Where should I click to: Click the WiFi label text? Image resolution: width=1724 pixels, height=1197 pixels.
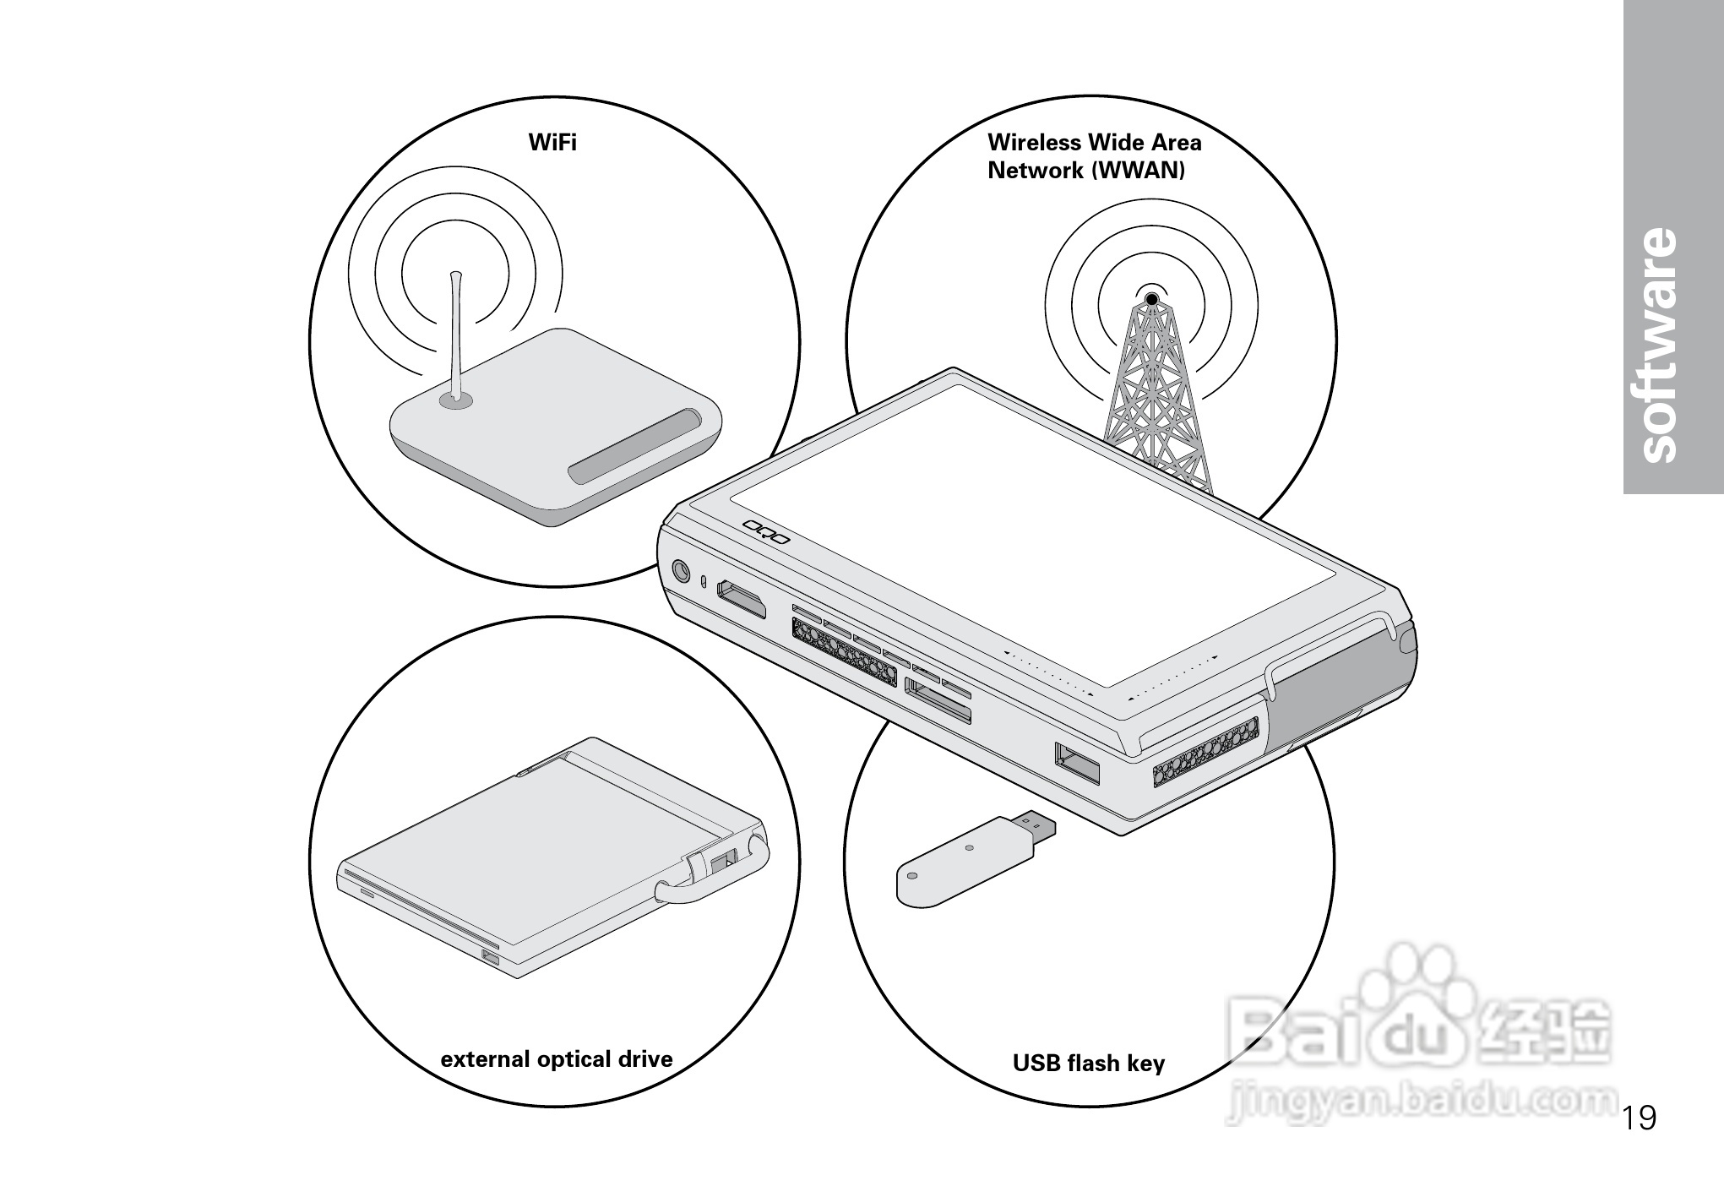point(552,142)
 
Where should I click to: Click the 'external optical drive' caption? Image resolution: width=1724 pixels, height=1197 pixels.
point(557,1059)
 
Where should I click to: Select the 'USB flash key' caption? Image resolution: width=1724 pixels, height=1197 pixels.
point(1088,1063)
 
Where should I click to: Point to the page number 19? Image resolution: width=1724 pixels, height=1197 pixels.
point(1639,1118)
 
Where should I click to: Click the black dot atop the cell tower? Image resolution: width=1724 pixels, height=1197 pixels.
point(1151,298)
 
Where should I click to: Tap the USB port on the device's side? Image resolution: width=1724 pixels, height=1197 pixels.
point(1077,763)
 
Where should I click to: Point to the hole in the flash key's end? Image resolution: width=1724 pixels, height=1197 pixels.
point(912,875)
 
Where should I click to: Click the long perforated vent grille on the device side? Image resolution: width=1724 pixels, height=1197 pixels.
point(844,650)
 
